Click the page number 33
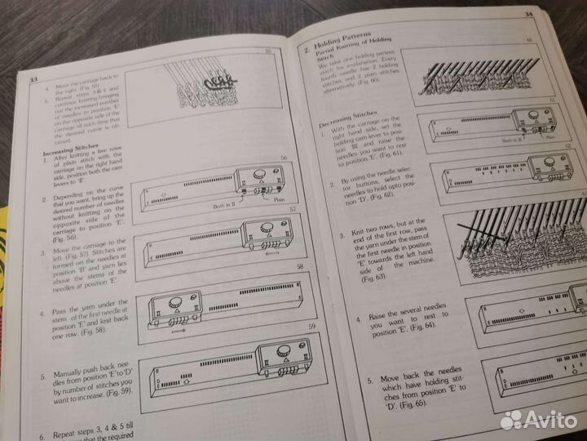33,79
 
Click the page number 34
529,14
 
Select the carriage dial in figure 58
175,303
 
